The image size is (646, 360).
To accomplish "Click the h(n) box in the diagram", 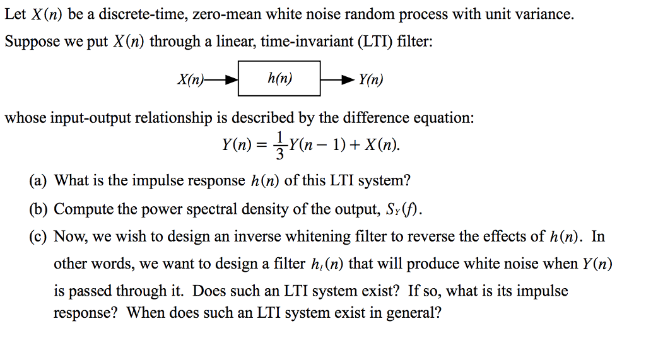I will [x=279, y=79].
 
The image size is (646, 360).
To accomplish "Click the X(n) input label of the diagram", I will [x=190, y=80].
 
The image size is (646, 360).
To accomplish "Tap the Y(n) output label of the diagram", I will [x=370, y=80].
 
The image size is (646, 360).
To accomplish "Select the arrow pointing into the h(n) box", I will [x=224, y=80].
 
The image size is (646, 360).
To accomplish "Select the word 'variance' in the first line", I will [x=546, y=15].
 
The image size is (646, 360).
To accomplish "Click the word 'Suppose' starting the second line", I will [x=31, y=42].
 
